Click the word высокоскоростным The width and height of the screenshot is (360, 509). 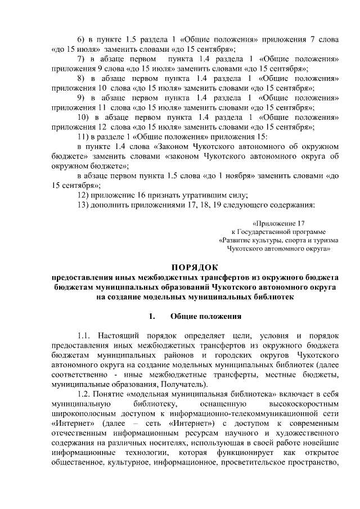300,404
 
